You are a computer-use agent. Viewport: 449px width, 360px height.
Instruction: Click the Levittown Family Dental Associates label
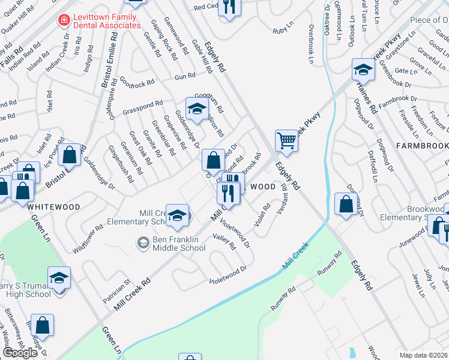[x=106, y=21]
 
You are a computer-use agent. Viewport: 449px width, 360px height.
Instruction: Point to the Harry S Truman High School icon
[x=59, y=277]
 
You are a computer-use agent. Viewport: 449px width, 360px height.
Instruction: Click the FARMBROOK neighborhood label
[x=422, y=146]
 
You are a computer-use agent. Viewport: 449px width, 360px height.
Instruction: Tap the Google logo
[x=20, y=353]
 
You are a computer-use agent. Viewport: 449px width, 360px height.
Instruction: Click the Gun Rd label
[x=185, y=76]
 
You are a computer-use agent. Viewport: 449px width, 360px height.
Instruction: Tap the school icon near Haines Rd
[x=363, y=70]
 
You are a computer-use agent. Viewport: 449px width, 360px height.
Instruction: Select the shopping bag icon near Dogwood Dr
[x=346, y=203]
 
